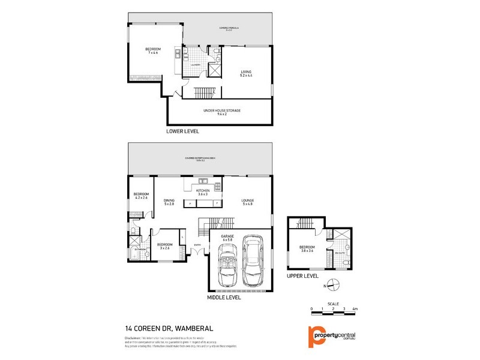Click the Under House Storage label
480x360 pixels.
pos(219,110)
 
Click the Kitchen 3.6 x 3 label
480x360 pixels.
pos(203,192)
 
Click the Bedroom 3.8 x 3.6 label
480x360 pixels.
pos(307,249)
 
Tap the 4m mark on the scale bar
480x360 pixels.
pos(355,308)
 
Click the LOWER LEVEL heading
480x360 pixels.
pos(183,130)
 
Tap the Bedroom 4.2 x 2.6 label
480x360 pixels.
pos(142,196)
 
